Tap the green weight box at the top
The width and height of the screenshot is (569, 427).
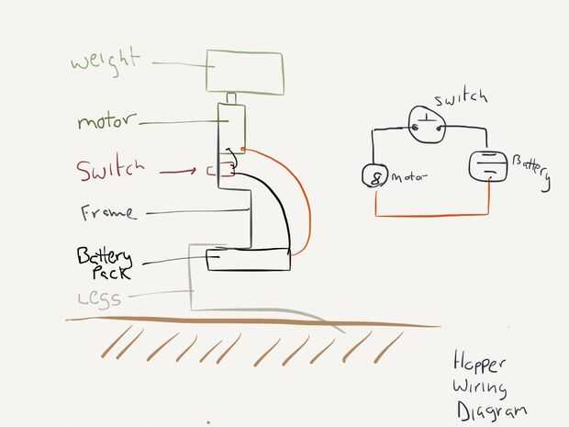244,72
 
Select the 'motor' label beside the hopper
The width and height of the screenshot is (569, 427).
119,121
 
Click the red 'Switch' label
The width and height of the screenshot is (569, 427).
111,170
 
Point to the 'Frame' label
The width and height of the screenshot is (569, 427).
108,213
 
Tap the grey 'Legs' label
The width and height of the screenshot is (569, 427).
112,298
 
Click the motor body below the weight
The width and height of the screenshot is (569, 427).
232,125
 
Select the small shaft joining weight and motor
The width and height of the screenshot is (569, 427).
233,97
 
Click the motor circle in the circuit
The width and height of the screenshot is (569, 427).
374,174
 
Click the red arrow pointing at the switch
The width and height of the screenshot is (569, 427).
178,171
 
